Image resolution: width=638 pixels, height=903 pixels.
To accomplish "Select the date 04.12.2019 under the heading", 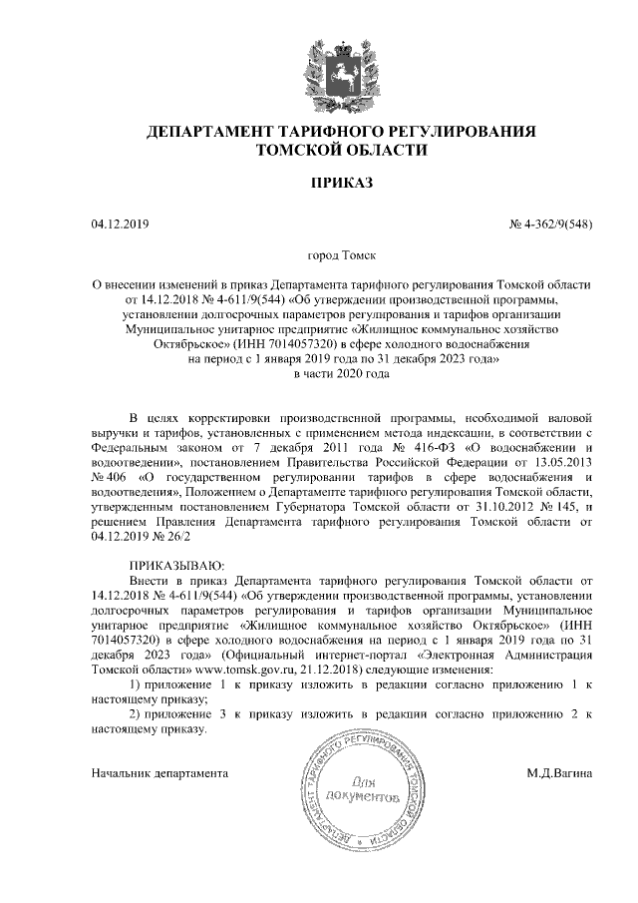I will pos(119,224).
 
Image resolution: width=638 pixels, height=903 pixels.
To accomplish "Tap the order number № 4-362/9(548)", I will pos(551,224).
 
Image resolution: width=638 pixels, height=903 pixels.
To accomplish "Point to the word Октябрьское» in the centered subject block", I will pos(159,343).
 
